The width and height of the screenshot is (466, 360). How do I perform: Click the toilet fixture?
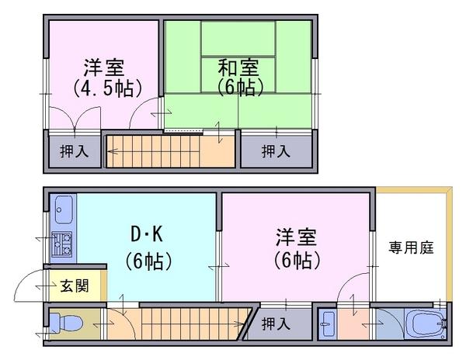click(64, 322)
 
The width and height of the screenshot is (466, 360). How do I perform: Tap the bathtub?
click(426, 324)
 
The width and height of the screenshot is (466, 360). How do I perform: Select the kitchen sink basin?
click(64, 209)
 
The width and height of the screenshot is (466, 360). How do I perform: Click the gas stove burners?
click(62, 244)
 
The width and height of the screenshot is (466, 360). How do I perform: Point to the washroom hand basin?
click(328, 324)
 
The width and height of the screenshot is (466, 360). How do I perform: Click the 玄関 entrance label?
click(75, 286)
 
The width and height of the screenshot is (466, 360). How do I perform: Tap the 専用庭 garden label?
click(412, 247)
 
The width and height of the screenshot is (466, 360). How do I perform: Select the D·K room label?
click(147, 234)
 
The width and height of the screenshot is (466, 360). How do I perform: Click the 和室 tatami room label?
click(238, 67)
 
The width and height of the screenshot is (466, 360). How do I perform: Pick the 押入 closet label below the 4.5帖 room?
click(75, 151)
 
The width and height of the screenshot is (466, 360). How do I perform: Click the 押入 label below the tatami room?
click(276, 151)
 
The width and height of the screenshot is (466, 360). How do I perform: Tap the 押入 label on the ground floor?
click(276, 324)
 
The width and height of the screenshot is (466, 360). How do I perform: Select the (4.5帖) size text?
click(108, 88)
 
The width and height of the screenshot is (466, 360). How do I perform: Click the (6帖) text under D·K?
click(148, 261)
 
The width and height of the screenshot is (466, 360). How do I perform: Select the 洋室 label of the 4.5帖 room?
click(104, 67)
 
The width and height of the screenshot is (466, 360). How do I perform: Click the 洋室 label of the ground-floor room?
click(297, 237)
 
